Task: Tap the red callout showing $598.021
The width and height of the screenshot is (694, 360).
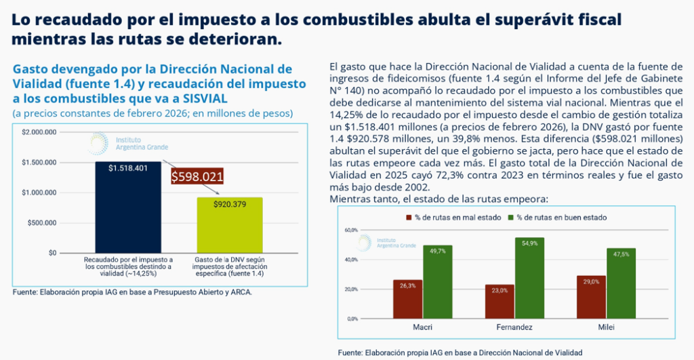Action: click(x=197, y=176)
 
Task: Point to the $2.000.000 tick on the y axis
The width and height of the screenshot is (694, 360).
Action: click(x=39, y=132)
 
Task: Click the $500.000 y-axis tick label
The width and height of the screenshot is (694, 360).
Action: click(x=42, y=222)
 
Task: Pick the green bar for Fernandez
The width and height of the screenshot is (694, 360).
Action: click(x=529, y=278)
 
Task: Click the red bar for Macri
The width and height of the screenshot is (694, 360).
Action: click(x=407, y=299)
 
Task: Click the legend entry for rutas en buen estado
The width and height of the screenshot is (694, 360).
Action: click(x=556, y=218)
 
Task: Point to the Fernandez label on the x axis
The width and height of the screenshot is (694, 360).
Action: click(x=514, y=327)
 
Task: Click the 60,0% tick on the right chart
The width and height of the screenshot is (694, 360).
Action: click(x=351, y=230)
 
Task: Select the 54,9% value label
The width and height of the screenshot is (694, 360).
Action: click(x=529, y=243)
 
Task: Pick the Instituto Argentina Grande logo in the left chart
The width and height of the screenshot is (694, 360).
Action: click(x=121, y=143)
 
